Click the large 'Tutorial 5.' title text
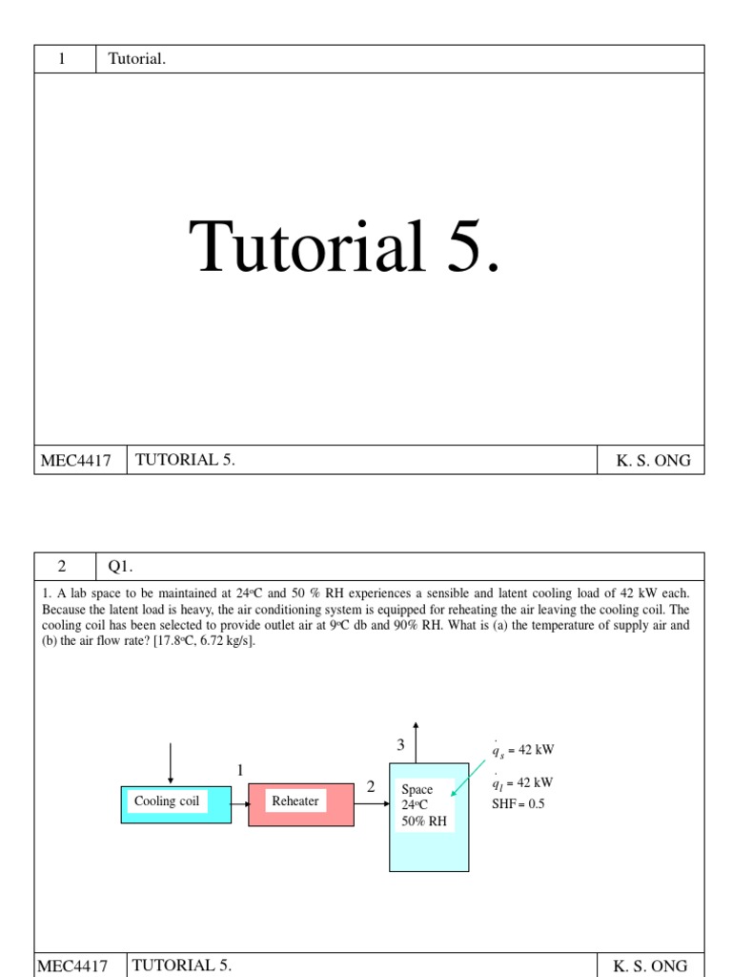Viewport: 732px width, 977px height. [x=344, y=246]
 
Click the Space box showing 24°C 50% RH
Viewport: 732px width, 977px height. [x=428, y=816]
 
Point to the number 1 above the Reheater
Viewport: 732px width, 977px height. [x=240, y=770]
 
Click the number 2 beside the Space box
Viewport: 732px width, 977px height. [x=371, y=787]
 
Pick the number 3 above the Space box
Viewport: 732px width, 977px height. [x=401, y=744]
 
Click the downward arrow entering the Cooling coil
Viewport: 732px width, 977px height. [x=171, y=763]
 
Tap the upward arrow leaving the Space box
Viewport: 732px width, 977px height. [x=416, y=741]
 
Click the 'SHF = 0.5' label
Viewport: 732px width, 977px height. [x=518, y=803]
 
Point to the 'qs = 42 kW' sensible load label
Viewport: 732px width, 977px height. [x=522, y=750]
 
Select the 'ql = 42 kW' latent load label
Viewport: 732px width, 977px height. [x=522, y=783]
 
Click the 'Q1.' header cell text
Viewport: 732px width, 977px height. [x=119, y=566]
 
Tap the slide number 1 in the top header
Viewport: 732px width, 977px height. [x=62, y=59]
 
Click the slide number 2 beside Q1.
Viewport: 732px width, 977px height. [x=62, y=566]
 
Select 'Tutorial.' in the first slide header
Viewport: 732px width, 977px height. [x=137, y=59]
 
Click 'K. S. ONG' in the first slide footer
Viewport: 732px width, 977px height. [x=653, y=461]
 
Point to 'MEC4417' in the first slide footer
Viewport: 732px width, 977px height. [x=75, y=461]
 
